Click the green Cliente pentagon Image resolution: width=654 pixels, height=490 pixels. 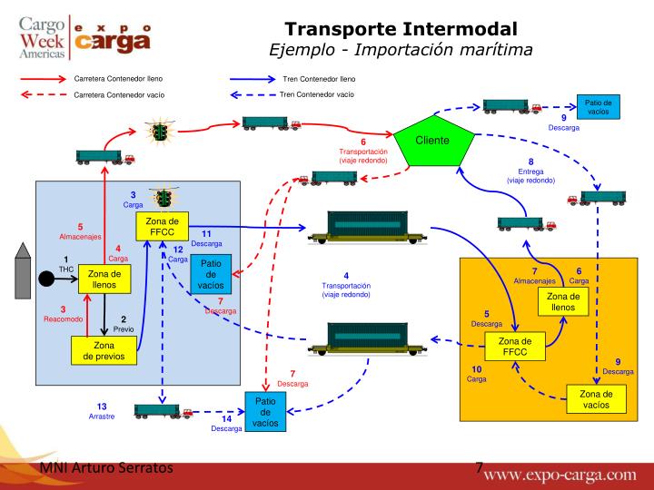[x=431, y=144]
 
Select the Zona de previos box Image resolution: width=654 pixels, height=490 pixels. [x=104, y=350]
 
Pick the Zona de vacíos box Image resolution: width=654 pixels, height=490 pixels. [x=595, y=398]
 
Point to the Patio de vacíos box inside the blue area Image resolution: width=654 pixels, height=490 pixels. [x=211, y=273]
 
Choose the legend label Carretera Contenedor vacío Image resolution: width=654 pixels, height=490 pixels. [x=119, y=94]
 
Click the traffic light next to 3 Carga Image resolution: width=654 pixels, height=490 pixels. [x=164, y=199]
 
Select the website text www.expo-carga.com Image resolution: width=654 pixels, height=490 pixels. [x=572, y=474]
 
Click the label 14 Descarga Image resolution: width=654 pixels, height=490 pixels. [x=226, y=424]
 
